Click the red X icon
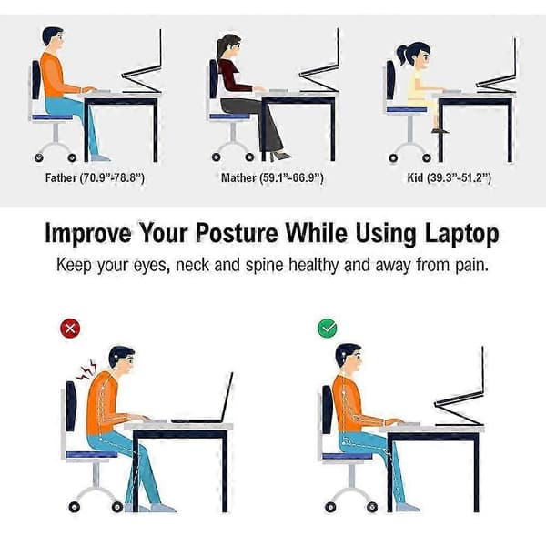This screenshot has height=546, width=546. tap(70, 329)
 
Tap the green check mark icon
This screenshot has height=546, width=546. tap(327, 328)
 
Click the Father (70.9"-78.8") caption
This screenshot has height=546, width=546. tap(95, 178)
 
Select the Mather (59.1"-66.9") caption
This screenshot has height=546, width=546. tap(272, 178)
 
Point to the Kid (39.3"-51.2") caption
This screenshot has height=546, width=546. tap(450, 178)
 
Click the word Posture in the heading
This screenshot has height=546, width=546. tap(237, 233)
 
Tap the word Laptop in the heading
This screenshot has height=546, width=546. tap(462, 234)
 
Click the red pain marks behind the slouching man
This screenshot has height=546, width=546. tap(86, 369)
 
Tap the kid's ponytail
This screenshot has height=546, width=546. tap(401, 55)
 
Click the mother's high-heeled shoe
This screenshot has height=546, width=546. tap(280, 156)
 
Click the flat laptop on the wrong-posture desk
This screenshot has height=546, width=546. tap(202, 400)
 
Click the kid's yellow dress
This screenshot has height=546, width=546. tap(420, 89)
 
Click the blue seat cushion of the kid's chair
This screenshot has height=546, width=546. tap(407, 110)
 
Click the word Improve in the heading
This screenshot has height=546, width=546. tap(88, 234)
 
